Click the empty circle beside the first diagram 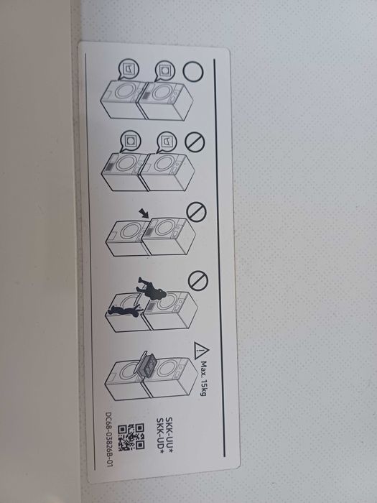coord(192,72)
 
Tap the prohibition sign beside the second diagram coord(192,142)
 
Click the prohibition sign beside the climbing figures coord(192,280)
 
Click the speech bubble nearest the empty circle coord(162,71)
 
